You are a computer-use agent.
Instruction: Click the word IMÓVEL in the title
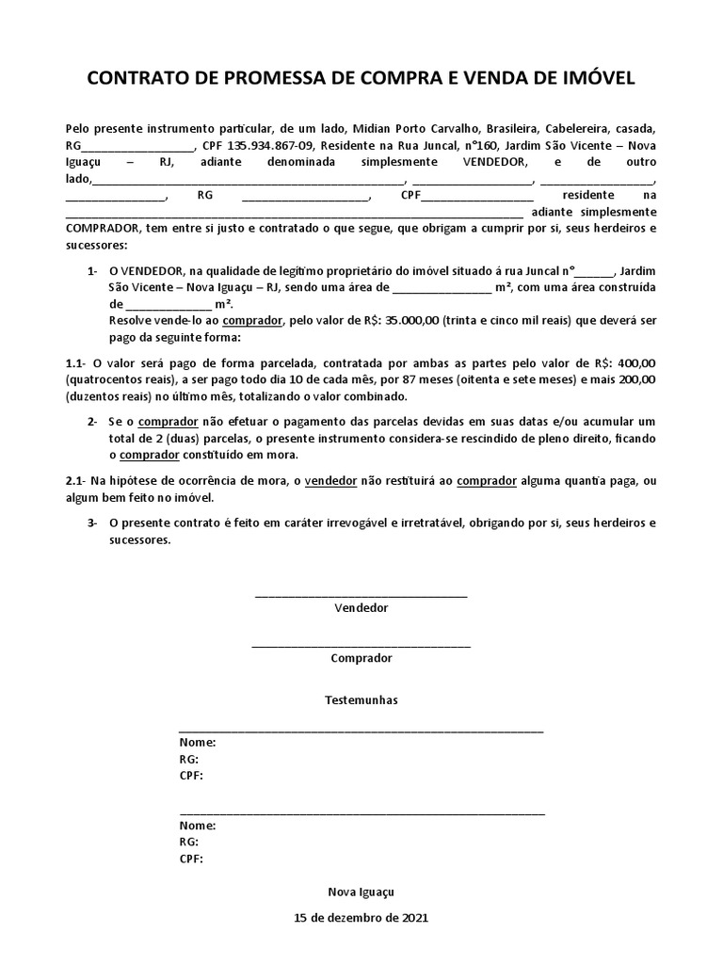[594, 78]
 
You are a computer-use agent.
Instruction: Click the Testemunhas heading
[361, 700]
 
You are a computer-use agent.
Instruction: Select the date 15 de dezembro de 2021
[361, 916]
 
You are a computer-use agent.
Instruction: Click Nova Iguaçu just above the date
[361, 891]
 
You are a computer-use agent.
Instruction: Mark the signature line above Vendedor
[361, 595]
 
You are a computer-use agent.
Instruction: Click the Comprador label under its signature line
[361, 658]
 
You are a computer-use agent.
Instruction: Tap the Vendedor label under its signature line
[361, 608]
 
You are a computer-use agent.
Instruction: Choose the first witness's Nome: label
[197, 742]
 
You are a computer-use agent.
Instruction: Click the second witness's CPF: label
[191, 859]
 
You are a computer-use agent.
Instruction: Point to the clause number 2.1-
[76, 481]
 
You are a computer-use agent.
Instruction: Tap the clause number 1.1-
[76, 361]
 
